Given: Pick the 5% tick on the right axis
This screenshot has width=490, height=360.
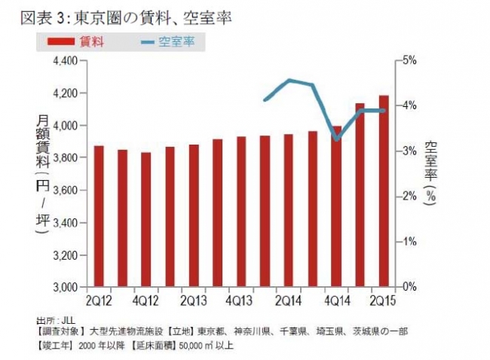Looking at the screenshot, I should tap(408, 60).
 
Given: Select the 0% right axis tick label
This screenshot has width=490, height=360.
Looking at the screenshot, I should tap(408, 288).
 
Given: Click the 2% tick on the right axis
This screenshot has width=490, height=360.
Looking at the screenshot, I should tap(408, 197).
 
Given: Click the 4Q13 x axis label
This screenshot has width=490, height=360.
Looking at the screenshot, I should tap(240, 301).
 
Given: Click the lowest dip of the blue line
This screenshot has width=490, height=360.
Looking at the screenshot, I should tap(336, 139).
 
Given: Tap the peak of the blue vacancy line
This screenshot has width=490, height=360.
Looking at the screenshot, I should tap(289, 80).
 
